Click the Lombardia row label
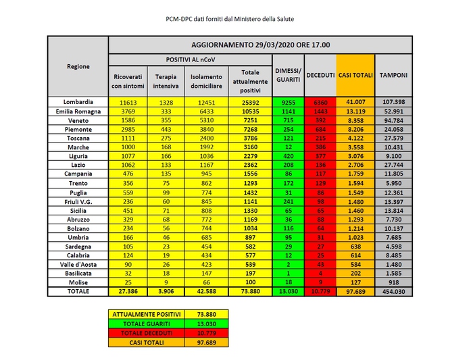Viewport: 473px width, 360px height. point(78,101)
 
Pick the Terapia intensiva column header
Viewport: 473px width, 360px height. point(166,81)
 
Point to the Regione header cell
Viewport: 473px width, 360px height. point(78,66)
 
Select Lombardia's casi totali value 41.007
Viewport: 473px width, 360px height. point(355,101)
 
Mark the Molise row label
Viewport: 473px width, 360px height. point(78,282)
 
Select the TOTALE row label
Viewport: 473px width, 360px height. point(78,291)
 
